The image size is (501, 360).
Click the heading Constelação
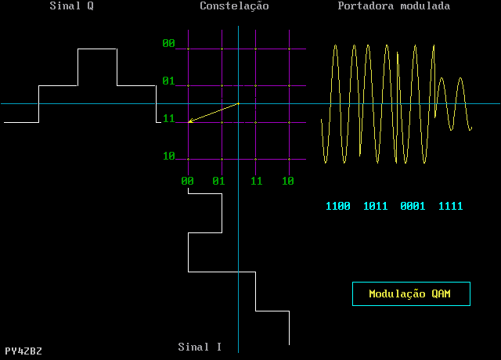[x=234, y=6]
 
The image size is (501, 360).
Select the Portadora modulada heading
[x=394, y=6]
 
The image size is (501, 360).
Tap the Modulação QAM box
[x=411, y=293]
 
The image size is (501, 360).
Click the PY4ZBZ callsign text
[x=23, y=351]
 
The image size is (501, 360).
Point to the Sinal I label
[x=200, y=347]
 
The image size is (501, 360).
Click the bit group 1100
[x=338, y=207]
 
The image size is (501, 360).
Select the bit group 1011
[x=376, y=207]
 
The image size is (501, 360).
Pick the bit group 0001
[x=413, y=207]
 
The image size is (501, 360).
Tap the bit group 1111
[x=450, y=207]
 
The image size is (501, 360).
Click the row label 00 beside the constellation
[x=168, y=44]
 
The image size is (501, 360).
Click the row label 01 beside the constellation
[x=168, y=81]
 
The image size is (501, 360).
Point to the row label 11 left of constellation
[x=168, y=119]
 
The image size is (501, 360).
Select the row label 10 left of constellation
[x=168, y=157]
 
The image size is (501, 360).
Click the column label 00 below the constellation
[x=188, y=181]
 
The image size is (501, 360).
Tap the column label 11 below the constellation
[x=256, y=181]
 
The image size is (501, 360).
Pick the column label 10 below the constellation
[x=288, y=181]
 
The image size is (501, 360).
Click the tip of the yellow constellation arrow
[x=189, y=122]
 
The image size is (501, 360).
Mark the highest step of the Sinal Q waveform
[x=97, y=49]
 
